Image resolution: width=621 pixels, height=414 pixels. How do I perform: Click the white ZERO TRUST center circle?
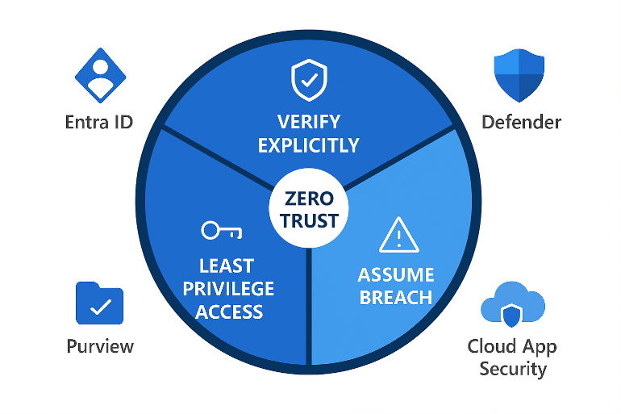point(310,207)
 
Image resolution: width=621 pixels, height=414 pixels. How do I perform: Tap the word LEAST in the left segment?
point(227,266)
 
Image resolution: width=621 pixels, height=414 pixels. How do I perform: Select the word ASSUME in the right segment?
point(396,274)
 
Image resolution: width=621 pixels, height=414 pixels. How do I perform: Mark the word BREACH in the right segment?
point(396,297)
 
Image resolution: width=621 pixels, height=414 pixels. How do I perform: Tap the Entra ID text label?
point(99,123)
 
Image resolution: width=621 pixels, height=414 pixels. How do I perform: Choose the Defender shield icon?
point(519,75)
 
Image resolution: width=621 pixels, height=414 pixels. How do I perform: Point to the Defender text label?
point(521,123)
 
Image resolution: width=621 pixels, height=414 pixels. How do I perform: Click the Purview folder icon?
point(99,303)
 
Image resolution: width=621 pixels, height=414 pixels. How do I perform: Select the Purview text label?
point(100,347)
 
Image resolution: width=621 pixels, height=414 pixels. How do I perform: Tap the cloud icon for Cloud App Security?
point(511,305)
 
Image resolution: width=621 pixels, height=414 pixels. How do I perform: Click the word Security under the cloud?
point(513,370)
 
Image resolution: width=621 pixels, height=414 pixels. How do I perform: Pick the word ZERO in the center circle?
point(310,197)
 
